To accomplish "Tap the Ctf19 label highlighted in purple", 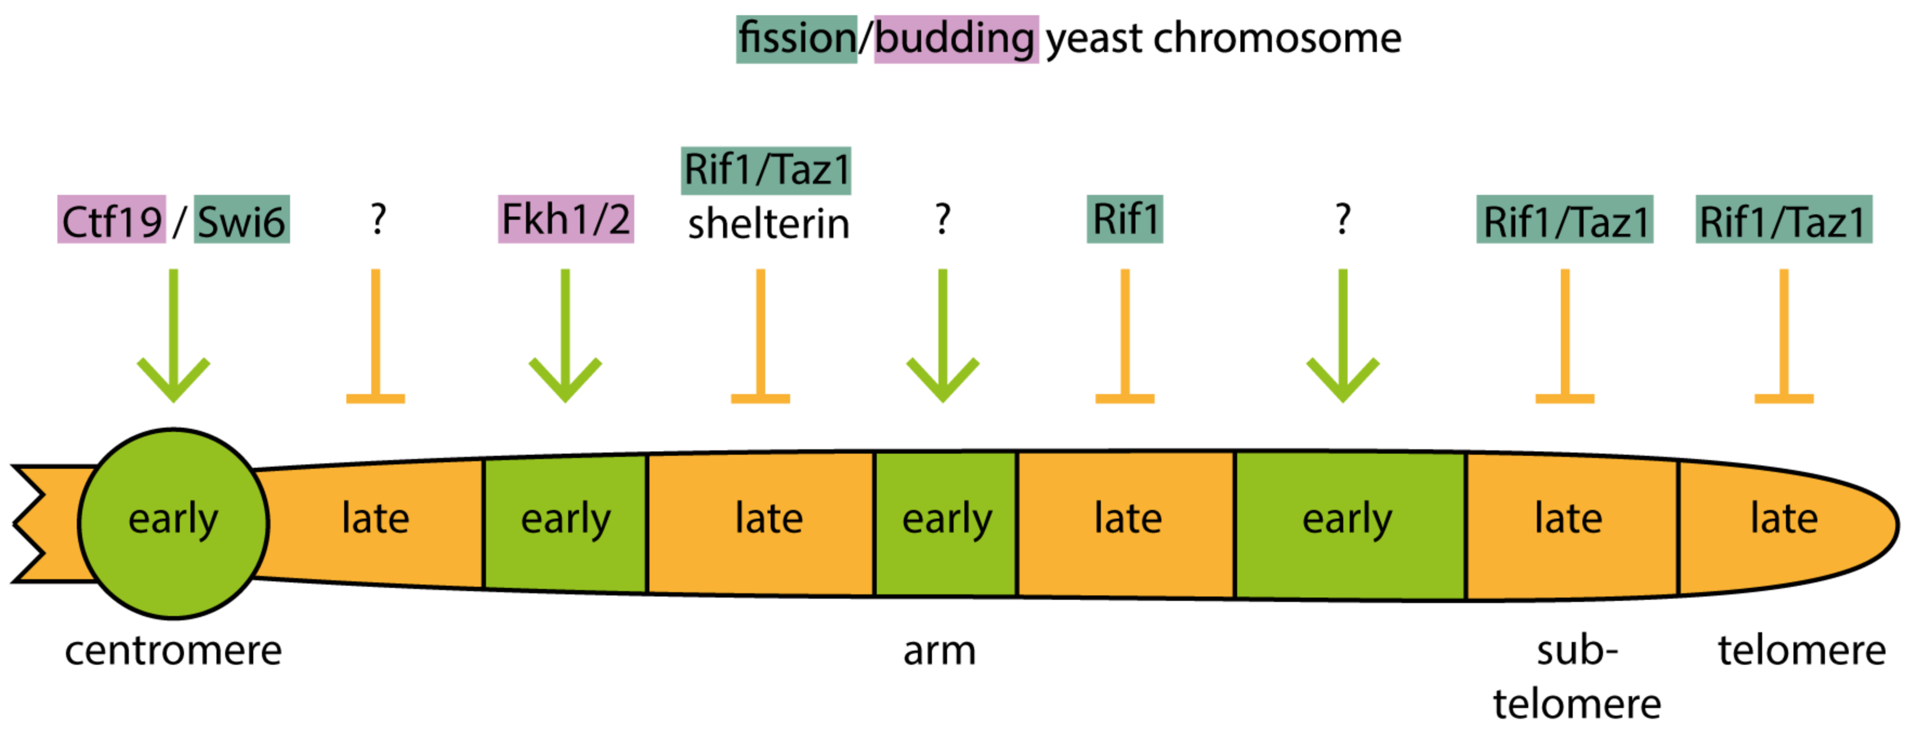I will [112, 221].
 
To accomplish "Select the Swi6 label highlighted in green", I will [241, 221].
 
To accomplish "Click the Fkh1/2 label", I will [565, 219].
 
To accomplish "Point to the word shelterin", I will [768, 224].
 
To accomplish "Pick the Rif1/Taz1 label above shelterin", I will [766, 170].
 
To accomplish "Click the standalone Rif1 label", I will [1124, 219].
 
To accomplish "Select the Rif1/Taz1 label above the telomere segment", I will [1783, 221].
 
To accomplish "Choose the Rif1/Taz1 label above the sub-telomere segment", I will [1564, 221].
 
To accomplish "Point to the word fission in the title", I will [797, 39].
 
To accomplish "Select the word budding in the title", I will [955, 39].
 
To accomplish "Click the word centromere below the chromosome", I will [174, 651].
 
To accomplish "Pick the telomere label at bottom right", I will [1801, 651].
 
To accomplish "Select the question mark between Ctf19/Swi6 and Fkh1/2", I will [378, 219].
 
